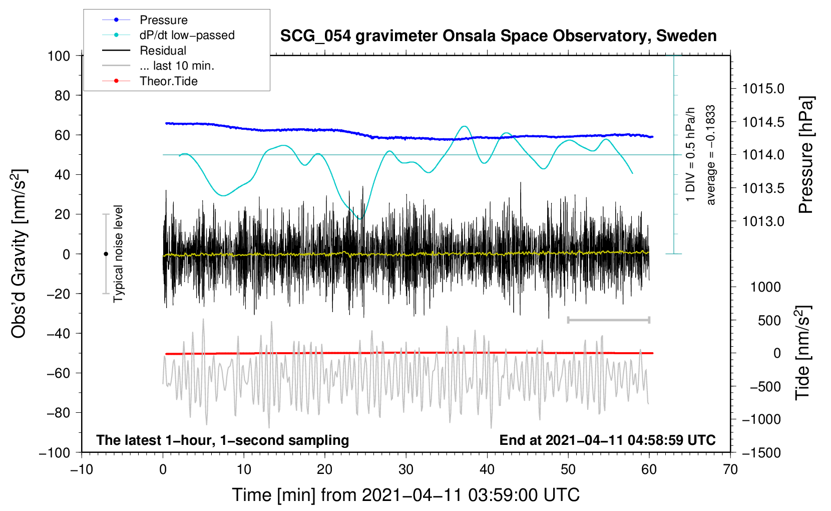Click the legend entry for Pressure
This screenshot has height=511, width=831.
click(x=163, y=20)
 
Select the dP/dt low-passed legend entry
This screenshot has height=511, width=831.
click(x=187, y=35)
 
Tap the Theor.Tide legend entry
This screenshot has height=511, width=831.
click(x=168, y=81)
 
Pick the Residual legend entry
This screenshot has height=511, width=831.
click(x=163, y=51)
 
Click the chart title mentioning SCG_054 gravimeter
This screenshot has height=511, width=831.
click(x=498, y=36)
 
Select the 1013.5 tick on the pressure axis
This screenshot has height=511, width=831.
click(x=763, y=188)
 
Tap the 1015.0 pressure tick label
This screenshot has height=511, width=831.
click(x=763, y=89)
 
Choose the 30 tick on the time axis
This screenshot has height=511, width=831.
click(x=406, y=470)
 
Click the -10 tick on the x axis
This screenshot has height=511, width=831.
click(x=82, y=470)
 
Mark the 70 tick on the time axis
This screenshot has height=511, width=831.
click(x=730, y=470)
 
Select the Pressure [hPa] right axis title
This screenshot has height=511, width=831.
click(x=805, y=155)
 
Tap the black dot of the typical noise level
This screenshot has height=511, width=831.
click(x=106, y=254)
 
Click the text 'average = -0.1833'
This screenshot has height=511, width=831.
click(x=711, y=155)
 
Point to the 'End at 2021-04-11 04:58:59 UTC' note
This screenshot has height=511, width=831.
click(x=607, y=440)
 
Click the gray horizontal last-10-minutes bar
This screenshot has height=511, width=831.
click(x=608, y=320)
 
